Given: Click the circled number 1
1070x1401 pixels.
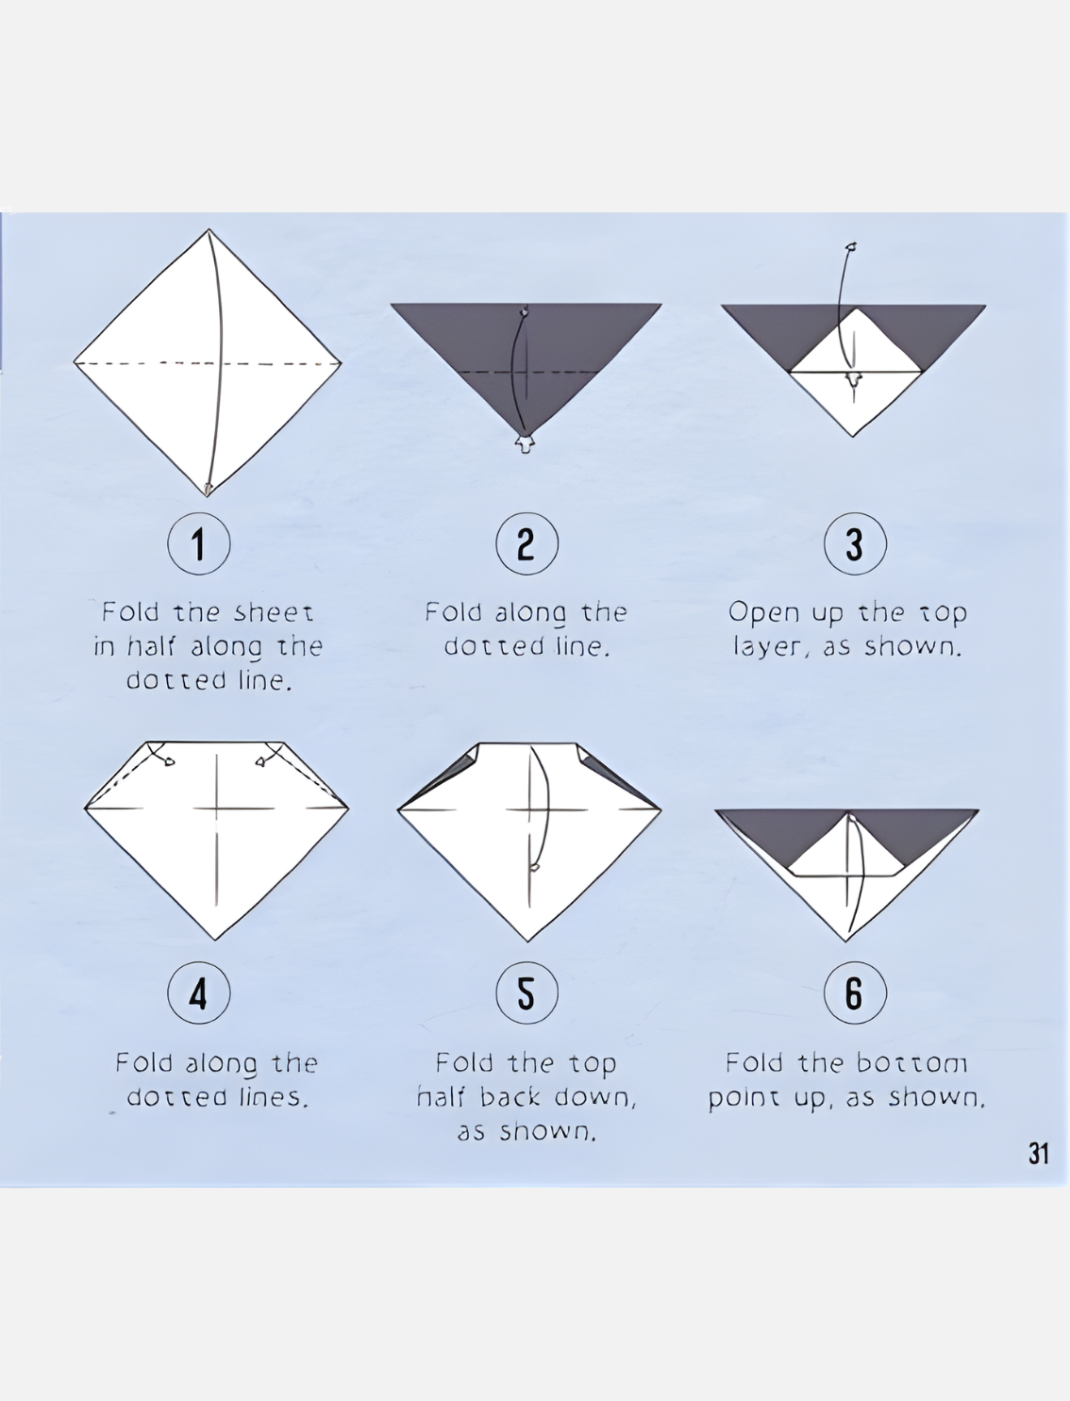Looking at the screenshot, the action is (198, 543).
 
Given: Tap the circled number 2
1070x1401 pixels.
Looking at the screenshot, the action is (527, 543).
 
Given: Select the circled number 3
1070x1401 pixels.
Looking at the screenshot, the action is (854, 543).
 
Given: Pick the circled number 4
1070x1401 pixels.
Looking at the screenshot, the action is (198, 993).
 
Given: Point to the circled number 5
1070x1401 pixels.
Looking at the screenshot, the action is (527, 993).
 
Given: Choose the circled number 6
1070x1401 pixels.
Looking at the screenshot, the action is (854, 993).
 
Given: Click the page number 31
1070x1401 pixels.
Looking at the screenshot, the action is (1038, 1154).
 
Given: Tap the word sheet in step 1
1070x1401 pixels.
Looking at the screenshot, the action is (274, 612).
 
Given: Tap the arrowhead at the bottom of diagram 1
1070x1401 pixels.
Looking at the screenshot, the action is (207, 490).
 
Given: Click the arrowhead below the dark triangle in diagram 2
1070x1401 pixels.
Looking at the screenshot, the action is (525, 443).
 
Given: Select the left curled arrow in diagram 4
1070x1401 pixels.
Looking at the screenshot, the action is (159, 754).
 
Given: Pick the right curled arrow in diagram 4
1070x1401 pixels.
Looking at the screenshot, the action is (271, 754).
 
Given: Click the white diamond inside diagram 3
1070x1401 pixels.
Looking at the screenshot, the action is (855, 372).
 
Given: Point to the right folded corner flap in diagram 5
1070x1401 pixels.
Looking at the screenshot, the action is (613, 774).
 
